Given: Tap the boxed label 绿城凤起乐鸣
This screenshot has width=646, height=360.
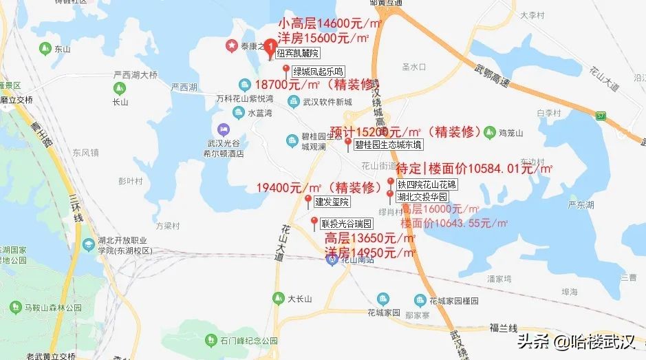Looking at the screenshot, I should (x=318, y=71).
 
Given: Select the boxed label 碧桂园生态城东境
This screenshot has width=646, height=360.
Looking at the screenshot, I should (x=389, y=145).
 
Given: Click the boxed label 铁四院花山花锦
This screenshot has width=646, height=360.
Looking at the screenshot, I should (x=426, y=184).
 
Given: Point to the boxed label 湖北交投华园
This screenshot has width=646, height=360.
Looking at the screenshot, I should (x=422, y=197).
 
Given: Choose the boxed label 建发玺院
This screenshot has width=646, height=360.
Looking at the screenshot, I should (x=332, y=202).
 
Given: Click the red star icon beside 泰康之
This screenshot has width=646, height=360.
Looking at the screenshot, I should (x=231, y=46).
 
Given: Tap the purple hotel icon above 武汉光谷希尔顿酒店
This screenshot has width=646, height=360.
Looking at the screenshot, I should (x=224, y=129).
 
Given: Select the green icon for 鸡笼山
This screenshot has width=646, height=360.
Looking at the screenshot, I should (x=490, y=131).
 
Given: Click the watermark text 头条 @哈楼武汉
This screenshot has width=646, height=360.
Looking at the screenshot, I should (x=577, y=341).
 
